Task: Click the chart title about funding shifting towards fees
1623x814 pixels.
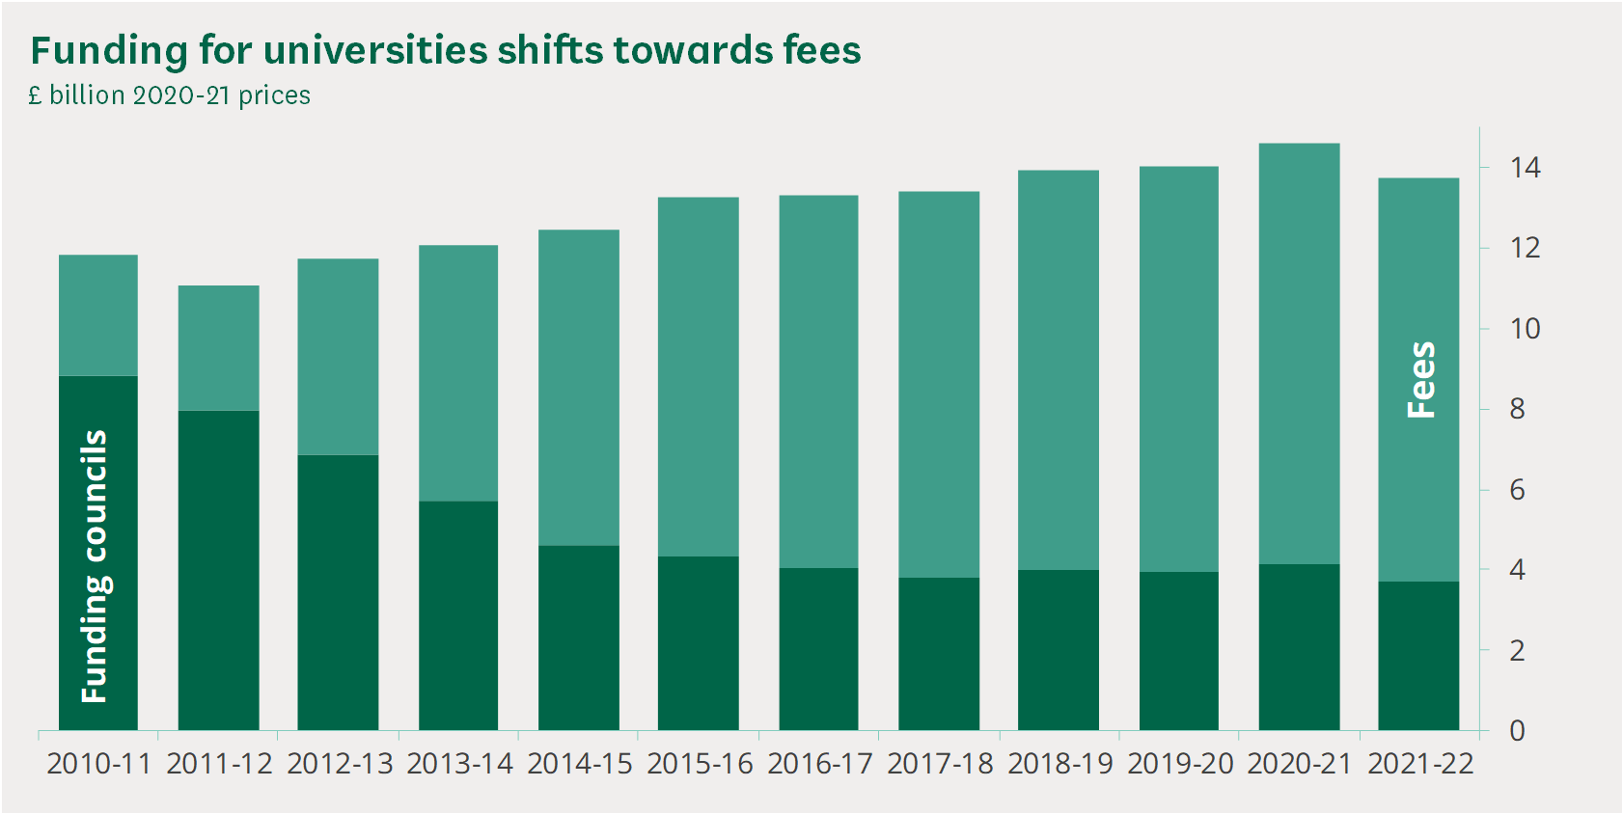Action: point(445,50)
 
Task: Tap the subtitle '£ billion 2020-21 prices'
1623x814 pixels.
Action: point(170,95)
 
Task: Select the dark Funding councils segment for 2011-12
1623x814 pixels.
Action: point(219,569)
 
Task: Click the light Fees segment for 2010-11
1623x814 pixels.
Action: point(98,315)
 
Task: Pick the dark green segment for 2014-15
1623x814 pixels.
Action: point(579,638)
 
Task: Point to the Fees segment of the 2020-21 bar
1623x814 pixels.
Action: point(1299,353)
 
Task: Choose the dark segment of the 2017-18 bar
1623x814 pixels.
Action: point(939,653)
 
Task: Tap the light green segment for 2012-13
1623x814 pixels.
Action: point(338,357)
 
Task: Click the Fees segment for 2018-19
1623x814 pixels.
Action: point(1059,369)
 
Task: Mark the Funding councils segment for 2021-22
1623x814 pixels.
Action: point(1418,655)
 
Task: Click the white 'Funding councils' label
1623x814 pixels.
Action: point(95,566)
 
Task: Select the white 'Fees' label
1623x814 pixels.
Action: point(1421,379)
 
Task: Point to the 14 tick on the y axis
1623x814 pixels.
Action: point(1525,168)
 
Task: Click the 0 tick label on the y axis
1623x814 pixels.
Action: point(1517,731)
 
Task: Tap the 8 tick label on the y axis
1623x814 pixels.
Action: point(1517,409)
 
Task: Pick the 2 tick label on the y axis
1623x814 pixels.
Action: point(1517,651)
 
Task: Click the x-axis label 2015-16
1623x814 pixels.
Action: point(700,764)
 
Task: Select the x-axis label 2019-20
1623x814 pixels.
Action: point(1180,764)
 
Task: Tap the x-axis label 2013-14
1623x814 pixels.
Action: point(459,764)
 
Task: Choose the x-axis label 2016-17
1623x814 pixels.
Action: point(819,764)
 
